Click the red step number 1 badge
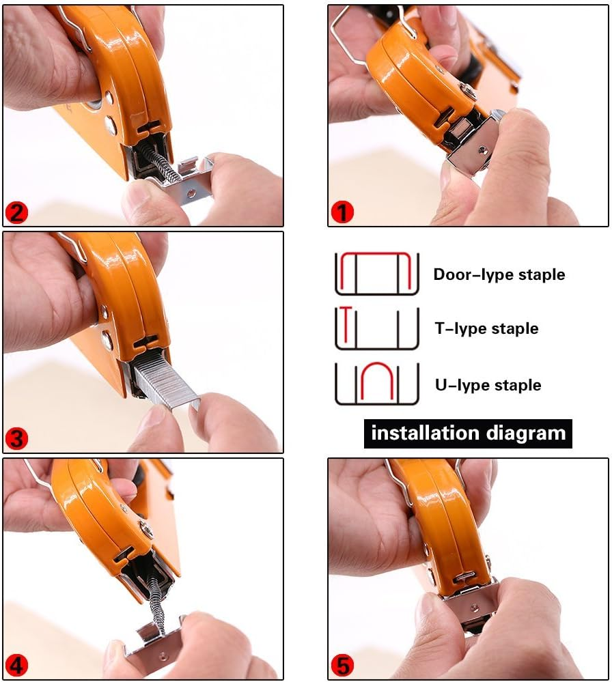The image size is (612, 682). pyautogui.click(x=342, y=212)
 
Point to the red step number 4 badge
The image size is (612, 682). pyautogui.click(x=17, y=664)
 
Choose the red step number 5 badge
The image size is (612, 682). pyautogui.click(x=342, y=664)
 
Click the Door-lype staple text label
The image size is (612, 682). pyautogui.click(x=499, y=274)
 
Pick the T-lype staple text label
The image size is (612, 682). pyautogui.click(x=486, y=328)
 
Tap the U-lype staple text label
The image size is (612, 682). pyautogui.click(x=488, y=385)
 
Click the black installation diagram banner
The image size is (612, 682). pyautogui.click(x=468, y=433)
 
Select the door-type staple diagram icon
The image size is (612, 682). pyautogui.click(x=376, y=273)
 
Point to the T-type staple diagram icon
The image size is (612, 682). pyautogui.click(x=376, y=328)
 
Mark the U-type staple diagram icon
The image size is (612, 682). pyautogui.click(x=376, y=384)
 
